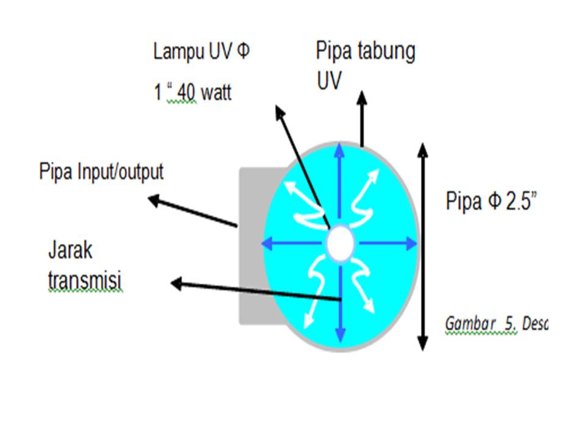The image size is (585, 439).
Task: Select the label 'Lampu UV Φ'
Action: pyautogui.click(x=201, y=52)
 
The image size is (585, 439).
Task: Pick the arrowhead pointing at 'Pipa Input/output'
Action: pyautogui.click(x=155, y=199)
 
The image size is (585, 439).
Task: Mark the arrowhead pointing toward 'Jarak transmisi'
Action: pyautogui.click(x=177, y=283)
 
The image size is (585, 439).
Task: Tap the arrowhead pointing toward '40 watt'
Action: pyautogui.click(x=280, y=112)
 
